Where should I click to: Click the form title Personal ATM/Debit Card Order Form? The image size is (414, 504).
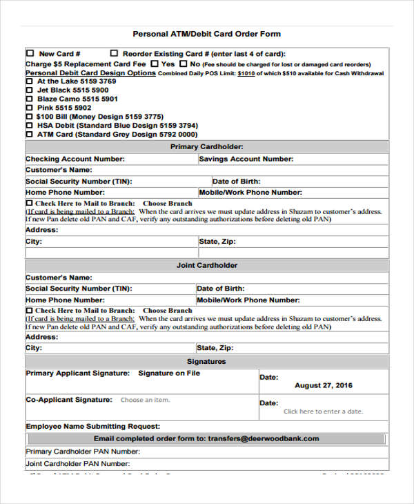point(206,34)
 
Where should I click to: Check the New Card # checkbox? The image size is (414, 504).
point(30,53)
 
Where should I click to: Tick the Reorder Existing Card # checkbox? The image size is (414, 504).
point(114,53)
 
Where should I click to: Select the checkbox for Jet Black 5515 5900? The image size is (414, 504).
point(29,90)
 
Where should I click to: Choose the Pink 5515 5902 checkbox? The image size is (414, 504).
point(29,108)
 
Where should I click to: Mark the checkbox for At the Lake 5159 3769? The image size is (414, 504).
point(29,81)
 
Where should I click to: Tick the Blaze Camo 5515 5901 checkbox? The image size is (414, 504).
point(29,99)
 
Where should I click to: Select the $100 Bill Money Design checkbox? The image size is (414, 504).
point(29,117)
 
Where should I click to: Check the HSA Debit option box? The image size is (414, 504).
point(29,126)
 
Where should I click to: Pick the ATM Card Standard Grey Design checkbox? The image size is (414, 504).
point(29,135)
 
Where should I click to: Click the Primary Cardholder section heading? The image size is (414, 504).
point(206,147)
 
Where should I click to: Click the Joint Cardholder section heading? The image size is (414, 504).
point(206,265)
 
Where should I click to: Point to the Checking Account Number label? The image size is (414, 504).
point(75,159)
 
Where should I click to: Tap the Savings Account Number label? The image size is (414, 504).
point(246,159)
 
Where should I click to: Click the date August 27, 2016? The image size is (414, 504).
point(323,386)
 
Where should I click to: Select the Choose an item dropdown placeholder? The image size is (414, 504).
point(145,400)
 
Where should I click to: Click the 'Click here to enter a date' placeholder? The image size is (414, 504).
point(322,411)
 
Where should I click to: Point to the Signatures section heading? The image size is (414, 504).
point(206,361)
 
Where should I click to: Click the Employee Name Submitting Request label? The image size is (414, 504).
point(93,426)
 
